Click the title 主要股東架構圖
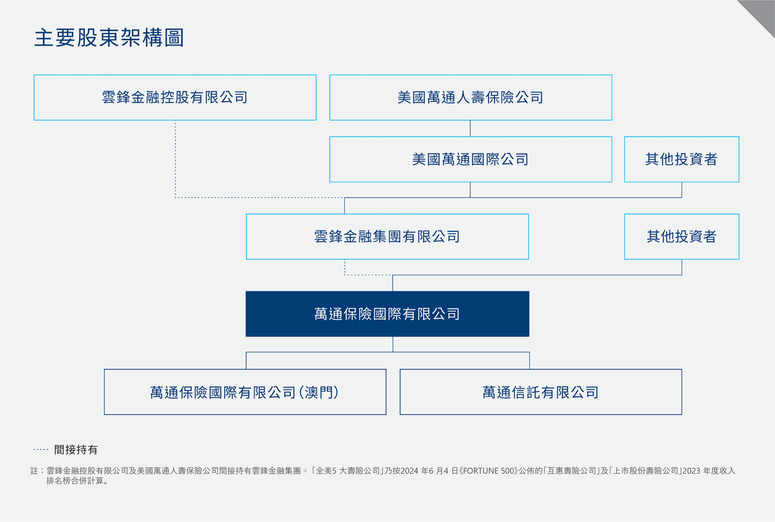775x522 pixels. pos(109,37)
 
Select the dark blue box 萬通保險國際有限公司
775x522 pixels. pos(387,314)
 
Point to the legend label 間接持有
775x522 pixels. pos(76,450)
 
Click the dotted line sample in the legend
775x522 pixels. pos(41,449)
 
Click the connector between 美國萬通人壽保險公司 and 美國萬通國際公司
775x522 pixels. pos(470,128)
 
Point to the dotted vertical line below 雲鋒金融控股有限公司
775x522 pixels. pos(176,159)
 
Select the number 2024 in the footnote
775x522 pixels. pos(409,471)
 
